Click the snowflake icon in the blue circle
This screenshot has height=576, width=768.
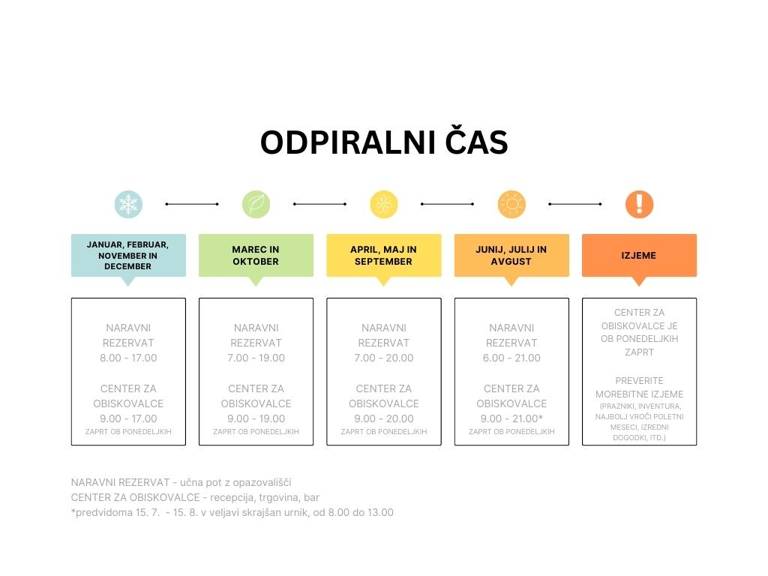click(128, 204)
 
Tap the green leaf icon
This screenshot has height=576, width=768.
click(256, 204)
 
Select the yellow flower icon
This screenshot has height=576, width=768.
click(384, 204)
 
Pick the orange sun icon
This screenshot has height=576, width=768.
click(511, 204)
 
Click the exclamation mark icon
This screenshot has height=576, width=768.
click(639, 204)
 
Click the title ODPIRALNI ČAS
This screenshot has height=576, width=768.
click(384, 142)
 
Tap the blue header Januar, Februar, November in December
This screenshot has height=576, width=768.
click(128, 256)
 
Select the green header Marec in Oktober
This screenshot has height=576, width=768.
click(256, 256)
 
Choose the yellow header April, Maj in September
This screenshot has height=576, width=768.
click(384, 256)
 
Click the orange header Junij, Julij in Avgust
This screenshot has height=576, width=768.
click(511, 256)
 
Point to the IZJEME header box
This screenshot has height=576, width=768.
click(639, 256)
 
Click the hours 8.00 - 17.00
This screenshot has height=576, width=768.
click(128, 358)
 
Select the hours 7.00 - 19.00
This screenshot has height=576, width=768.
click(256, 358)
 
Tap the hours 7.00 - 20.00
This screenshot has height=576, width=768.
click(384, 358)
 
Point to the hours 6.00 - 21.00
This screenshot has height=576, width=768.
click(511, 358)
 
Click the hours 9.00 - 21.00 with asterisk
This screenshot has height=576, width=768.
click(511, 418)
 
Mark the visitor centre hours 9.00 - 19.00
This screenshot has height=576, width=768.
click(256, 418)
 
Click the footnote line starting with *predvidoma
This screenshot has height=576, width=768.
click(232, 513)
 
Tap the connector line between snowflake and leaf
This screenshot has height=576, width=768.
click(192, 204)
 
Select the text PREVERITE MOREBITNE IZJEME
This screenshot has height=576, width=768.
click(639, 388)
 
